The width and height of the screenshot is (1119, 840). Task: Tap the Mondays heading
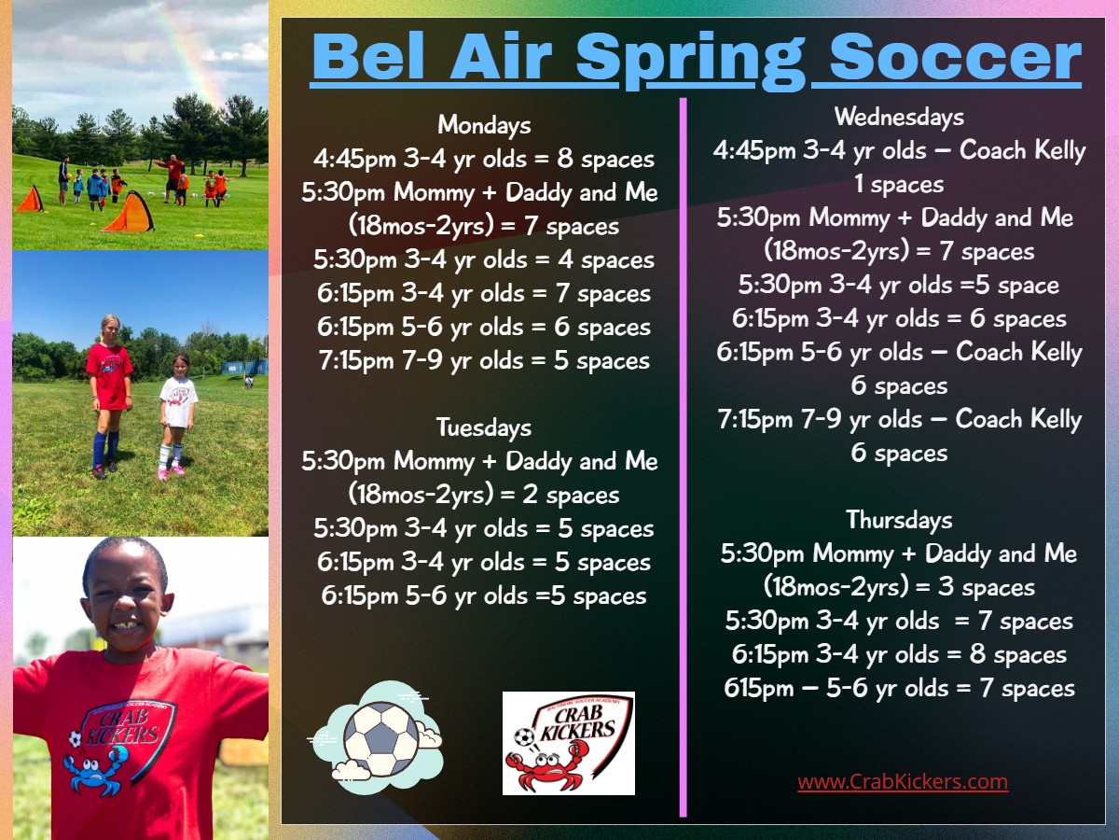coord(484,125)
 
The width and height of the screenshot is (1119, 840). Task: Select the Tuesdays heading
coord(484,427)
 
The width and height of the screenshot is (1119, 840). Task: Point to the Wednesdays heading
coord(899,117)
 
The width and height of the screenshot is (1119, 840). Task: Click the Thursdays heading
coord(899,520)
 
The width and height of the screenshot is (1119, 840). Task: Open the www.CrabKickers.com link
coord(903,782)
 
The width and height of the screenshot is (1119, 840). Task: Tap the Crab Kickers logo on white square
coord(569,743)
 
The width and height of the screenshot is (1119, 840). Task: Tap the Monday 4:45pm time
coord(354,159)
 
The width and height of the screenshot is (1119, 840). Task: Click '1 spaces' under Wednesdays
coord(899,185)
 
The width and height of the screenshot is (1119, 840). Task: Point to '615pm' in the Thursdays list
coord(758,688)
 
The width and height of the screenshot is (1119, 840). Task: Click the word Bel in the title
coord(368,56)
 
